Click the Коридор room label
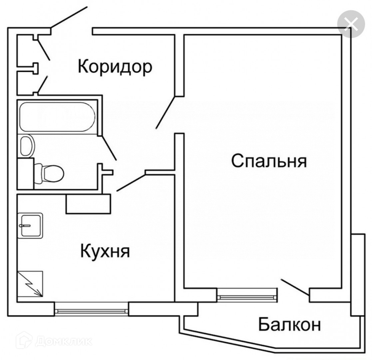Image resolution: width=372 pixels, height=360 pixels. [115, 67]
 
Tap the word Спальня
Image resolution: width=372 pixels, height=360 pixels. [269, 161]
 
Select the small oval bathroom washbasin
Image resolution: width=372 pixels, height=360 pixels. [27, 146]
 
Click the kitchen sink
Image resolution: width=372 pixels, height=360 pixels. [30, 226]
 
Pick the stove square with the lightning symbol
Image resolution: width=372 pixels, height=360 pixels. [30, 283]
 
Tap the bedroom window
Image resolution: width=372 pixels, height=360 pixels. [247, 294]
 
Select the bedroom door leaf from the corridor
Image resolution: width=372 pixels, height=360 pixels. [166, 112]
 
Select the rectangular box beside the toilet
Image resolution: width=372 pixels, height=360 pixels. [25, 174]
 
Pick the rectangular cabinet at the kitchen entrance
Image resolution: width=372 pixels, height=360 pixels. [88, 204]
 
